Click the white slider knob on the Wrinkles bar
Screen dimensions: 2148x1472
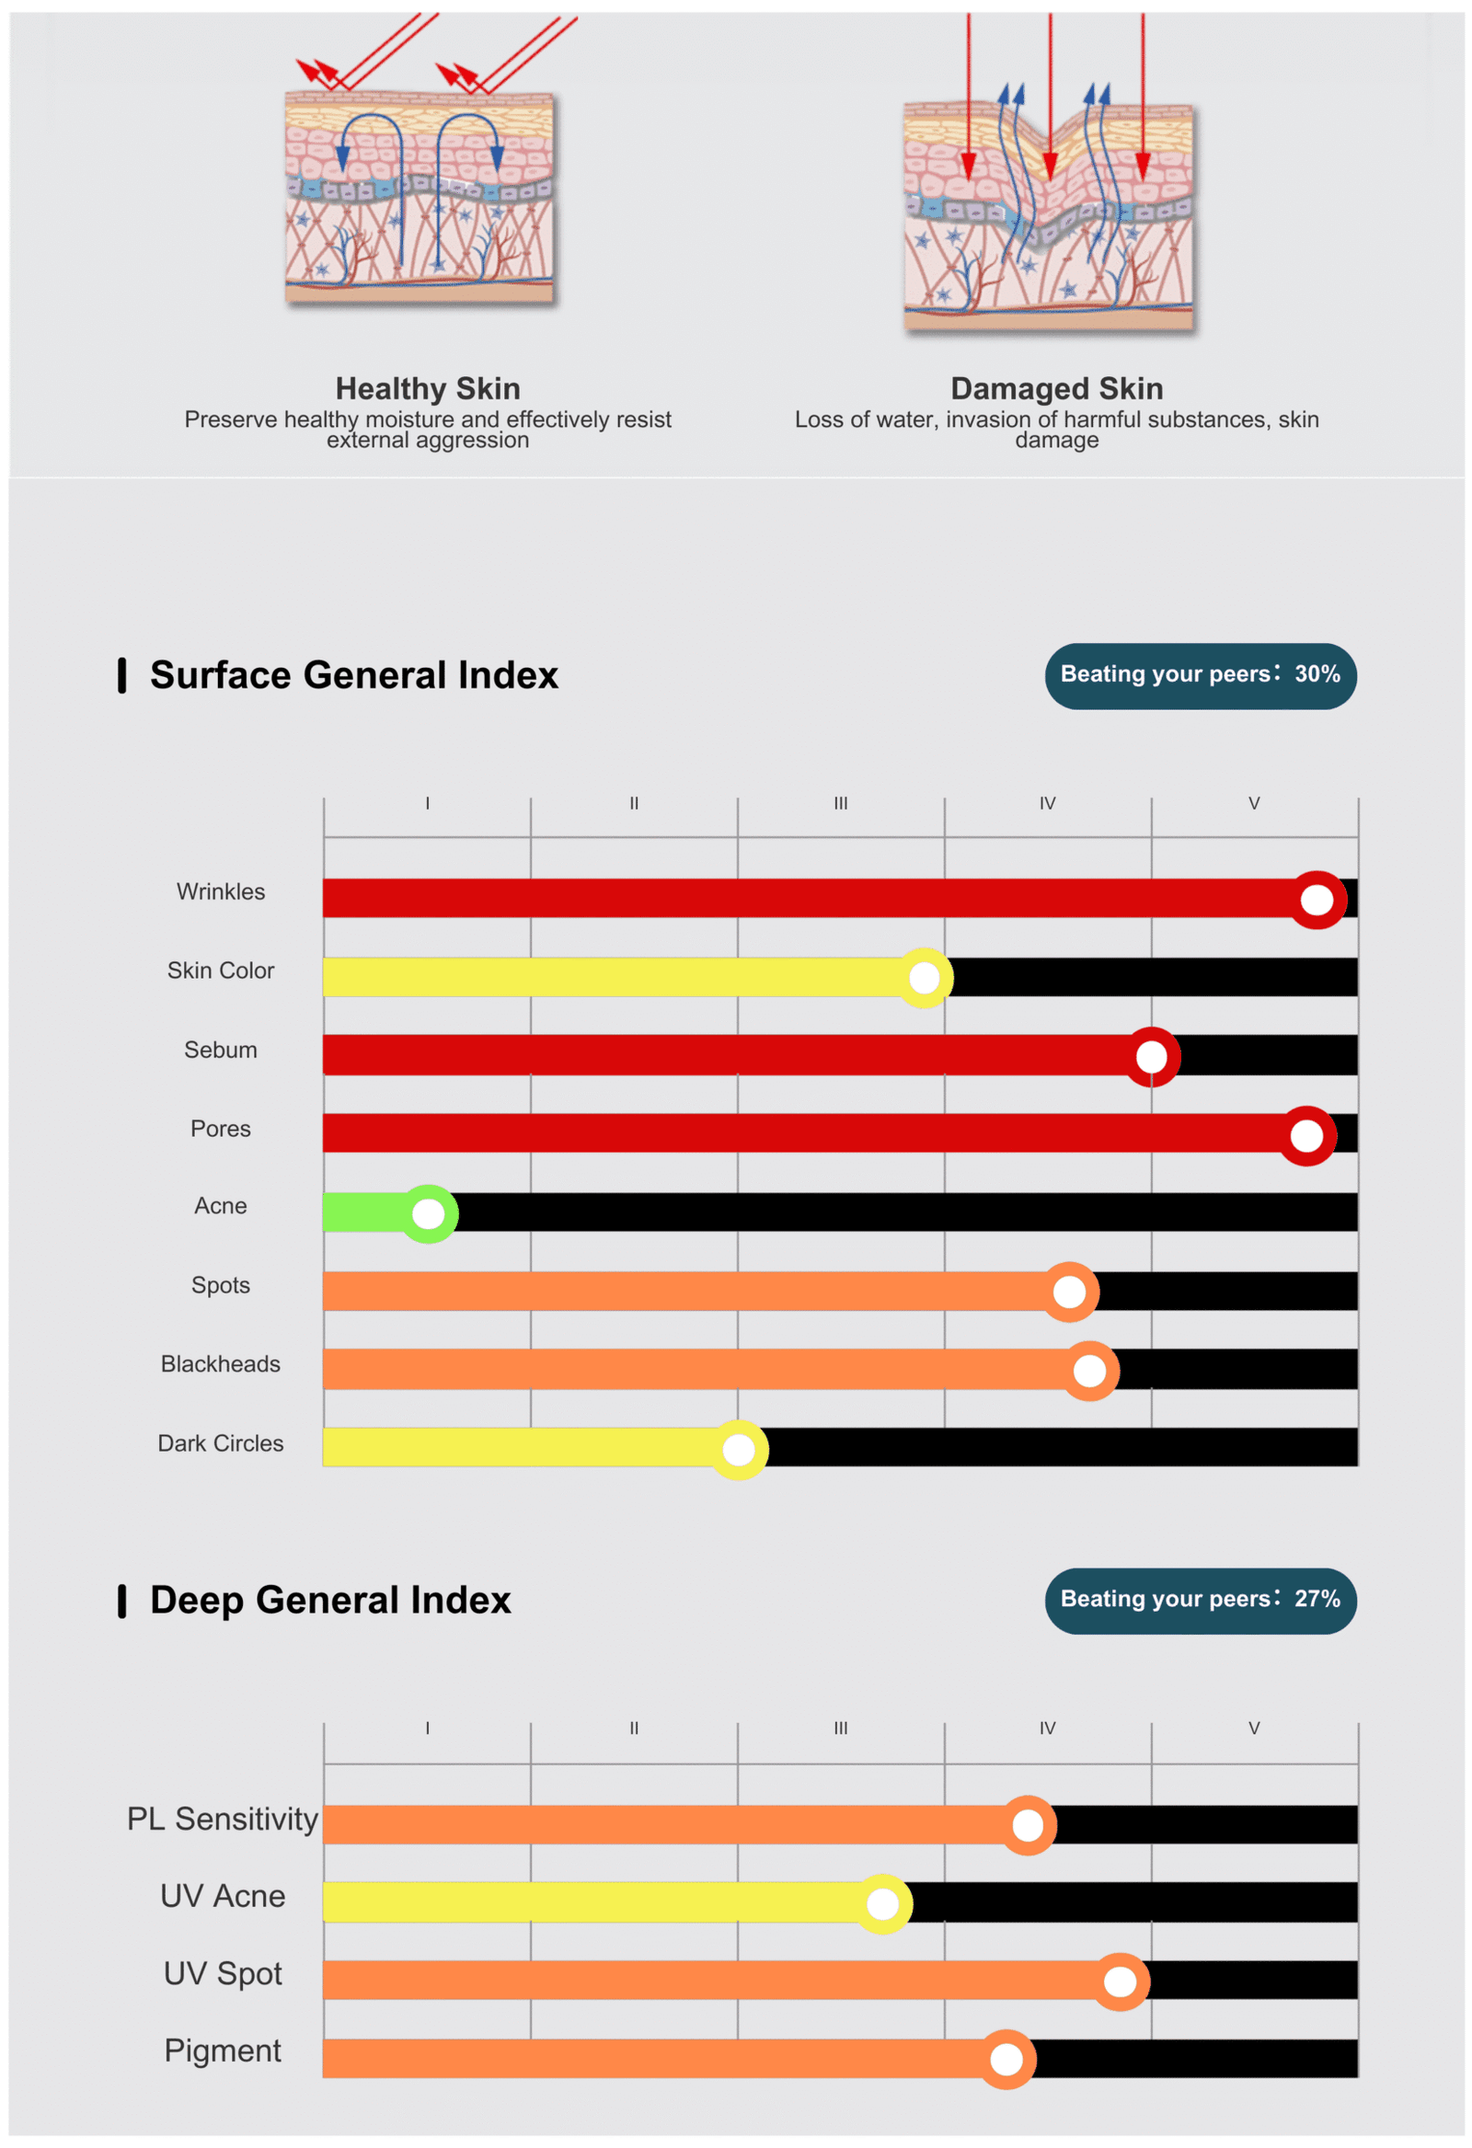pos(1316,899)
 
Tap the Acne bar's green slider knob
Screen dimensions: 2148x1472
pos(428,1212)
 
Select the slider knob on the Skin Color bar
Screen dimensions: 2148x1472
pos(924,977)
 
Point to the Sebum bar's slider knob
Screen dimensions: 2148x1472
pos(1151,1055)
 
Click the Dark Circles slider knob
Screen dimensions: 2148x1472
pos(738,1449)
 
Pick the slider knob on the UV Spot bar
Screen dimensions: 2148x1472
pos(1120,1981)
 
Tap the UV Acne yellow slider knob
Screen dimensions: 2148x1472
pos(882,1903)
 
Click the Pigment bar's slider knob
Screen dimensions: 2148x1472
pos(1006,2059)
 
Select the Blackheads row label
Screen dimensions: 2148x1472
pos(220,1363)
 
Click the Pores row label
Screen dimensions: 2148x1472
pos(220,1128)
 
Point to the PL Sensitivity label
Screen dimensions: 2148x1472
pos(222,1818)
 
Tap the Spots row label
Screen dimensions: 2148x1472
pos(220,1285)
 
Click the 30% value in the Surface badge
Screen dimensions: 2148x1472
pos(1317,673)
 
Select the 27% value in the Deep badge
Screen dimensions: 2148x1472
pos(1317,1598)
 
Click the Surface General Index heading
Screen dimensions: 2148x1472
pos(353,674)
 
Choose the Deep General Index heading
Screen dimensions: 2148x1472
pos(330,1600)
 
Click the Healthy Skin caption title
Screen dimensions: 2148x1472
pos(427,388)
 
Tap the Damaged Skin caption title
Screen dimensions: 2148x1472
pos(1057,388)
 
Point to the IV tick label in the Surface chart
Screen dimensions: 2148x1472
pos(1047,803)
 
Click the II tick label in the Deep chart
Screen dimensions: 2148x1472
pos(633,1728)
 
